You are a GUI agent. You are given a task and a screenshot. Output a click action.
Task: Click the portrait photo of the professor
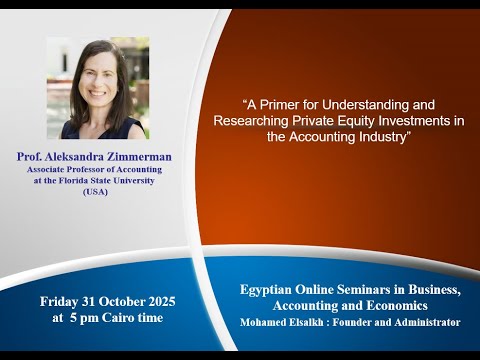[97, 88]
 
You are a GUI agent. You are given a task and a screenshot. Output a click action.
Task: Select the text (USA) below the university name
[97, 191]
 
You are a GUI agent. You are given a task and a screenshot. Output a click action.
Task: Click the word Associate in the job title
[50, 170]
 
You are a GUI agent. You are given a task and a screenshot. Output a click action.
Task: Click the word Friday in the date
[61, 301]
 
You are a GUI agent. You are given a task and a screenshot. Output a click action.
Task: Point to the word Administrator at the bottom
[425, 322]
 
